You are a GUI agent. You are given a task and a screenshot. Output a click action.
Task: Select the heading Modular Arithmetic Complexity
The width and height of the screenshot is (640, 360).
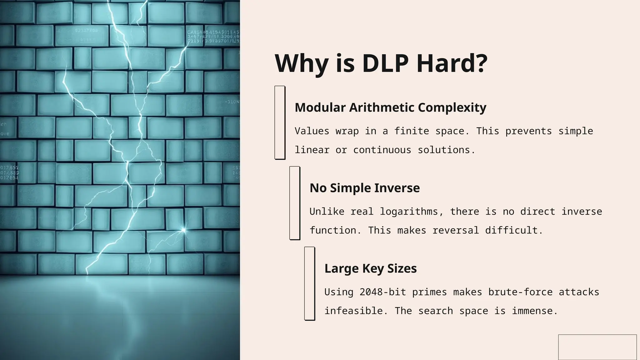click(390, 107)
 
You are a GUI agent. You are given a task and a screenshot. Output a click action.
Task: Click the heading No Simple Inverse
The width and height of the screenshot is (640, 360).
click(364, 188)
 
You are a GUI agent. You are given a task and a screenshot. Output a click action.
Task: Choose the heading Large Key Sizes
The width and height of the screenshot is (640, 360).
click(370, 268)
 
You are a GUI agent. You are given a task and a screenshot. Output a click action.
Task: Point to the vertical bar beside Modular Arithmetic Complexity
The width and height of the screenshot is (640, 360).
click(280, 122)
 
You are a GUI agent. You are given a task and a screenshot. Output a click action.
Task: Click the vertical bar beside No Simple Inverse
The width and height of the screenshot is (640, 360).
click(295, 203)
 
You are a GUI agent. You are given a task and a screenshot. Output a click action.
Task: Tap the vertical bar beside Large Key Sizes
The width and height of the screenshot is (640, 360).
click(309, 283)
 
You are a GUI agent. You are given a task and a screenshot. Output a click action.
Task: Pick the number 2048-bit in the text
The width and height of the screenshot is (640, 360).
click(382, 292)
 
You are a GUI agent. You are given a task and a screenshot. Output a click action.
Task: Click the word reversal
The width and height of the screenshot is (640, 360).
click(456, 230)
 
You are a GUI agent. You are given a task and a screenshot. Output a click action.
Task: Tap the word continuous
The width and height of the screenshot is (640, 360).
click(382, 150)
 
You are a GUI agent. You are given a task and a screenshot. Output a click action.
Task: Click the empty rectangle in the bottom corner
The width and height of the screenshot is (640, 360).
click(597, 347)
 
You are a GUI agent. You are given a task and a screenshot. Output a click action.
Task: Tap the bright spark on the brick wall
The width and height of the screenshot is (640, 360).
click(183, 230)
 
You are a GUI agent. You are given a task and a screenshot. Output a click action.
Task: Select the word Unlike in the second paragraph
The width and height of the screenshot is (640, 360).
click(327, 212)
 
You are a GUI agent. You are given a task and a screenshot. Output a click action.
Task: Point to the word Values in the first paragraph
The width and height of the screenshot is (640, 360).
click(312, 131)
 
